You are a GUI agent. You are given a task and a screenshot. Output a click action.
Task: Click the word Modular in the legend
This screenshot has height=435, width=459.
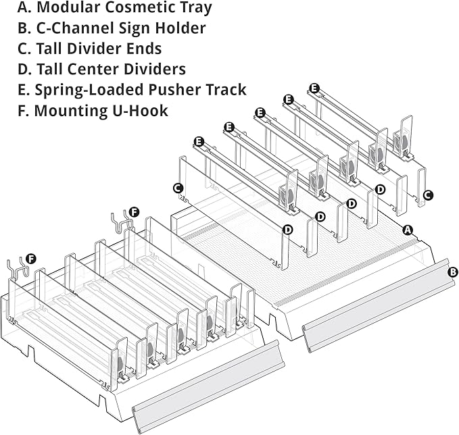pos(68,7)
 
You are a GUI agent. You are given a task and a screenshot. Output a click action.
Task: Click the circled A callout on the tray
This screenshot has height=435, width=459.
pos(407,230)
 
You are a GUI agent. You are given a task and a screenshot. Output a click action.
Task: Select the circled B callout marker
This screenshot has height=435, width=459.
pos(452,272)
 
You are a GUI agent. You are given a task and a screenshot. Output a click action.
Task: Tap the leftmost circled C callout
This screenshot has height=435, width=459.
pos(178,188)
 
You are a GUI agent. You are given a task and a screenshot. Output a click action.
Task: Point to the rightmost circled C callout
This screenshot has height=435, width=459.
pos(428,195)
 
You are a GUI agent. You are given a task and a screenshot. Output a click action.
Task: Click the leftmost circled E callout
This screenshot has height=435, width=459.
pos(199,142)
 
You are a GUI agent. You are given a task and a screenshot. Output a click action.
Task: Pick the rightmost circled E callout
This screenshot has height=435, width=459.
pos(314,88)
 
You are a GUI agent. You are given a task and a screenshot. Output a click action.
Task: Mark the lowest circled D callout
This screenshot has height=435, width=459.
pos(288,230)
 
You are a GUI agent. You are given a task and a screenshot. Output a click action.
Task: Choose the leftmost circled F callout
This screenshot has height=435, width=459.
pos(30,259)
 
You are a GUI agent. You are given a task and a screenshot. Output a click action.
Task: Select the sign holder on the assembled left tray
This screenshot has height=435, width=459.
pos(208,386)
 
